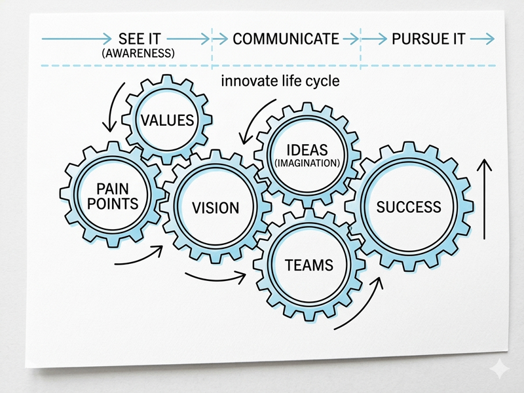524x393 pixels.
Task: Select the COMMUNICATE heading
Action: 286,39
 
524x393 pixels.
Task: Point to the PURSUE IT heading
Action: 429,39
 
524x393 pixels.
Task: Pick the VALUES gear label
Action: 168,120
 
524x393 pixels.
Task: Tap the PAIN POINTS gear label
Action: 113,195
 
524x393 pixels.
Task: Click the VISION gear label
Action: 215,208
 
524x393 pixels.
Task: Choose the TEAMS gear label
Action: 309,265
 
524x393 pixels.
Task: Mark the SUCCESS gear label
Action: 409,207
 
